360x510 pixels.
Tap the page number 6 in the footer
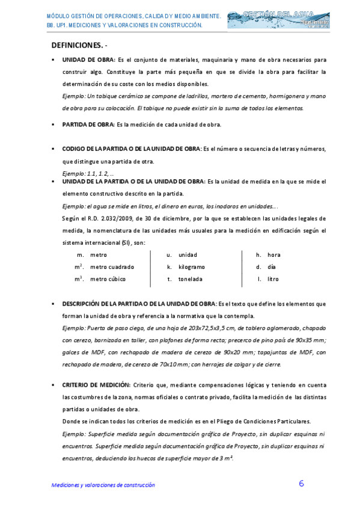301,484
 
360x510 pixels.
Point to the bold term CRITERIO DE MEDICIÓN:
96,384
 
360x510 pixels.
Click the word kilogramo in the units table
192,266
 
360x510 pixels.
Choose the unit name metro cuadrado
112,266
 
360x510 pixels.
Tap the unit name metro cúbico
108,279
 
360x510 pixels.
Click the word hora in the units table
274,254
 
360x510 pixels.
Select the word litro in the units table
273,279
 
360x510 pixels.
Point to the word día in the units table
272,266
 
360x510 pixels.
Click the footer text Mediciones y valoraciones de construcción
103,485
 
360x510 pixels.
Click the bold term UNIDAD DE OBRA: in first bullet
88,60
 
